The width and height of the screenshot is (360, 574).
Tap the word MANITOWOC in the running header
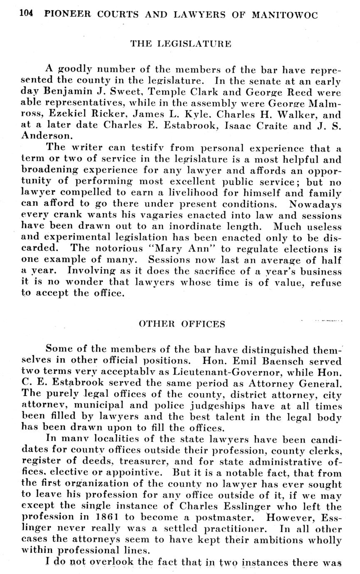point(285,15)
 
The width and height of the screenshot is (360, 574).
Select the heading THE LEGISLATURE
point(181,43)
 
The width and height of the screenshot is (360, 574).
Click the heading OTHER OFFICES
point(181,324)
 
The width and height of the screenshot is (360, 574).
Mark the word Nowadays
point(315,204)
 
